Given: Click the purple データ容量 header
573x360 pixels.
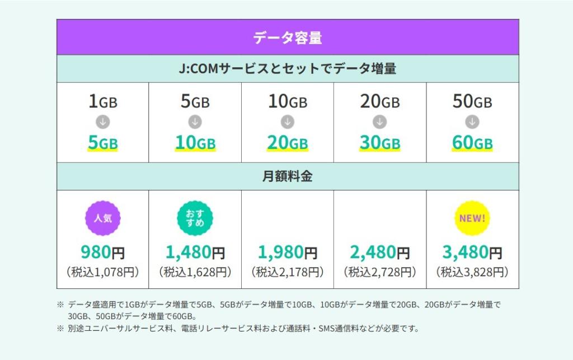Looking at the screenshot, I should click(287, 38).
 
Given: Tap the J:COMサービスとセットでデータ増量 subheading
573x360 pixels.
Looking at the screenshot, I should click(287, 69).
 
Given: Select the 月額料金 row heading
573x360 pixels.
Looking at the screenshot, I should click(287, 176).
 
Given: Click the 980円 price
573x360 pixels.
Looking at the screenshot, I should click(102, 253).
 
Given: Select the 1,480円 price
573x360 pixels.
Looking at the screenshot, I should click(195, 253).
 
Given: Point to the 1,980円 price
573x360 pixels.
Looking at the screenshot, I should click(288, 253).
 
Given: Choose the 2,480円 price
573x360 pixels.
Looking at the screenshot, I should click(380, 253).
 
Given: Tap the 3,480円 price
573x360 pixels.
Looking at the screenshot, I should click(472, 253).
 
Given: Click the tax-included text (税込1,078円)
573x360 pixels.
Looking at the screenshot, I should click(102, 273).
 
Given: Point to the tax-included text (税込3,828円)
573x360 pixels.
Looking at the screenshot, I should click(472, 273).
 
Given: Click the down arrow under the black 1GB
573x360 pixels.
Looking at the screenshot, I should click(103, 121).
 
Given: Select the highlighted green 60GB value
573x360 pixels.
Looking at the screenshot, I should click(472, 143).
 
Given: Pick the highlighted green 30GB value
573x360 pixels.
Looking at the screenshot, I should click(380, 143).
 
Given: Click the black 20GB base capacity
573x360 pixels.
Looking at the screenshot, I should click(380, 102).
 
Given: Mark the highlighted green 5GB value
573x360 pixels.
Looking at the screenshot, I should click(103, 143).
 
